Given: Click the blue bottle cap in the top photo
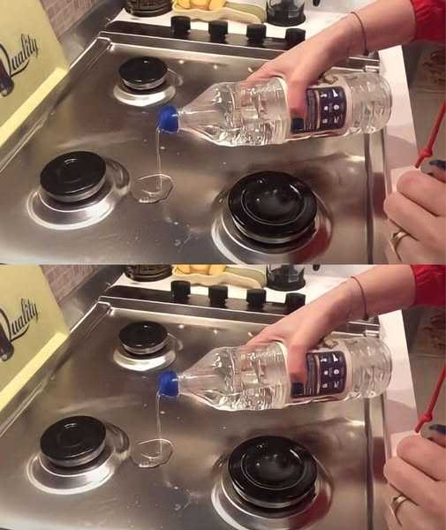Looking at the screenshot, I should click(168, 117).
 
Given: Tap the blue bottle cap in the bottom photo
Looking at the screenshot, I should click(168, 383).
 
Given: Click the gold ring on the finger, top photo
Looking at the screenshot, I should click(400, 238).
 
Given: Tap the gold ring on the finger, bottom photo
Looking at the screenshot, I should click(400, 503).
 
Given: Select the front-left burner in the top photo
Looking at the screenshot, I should click(72, 177).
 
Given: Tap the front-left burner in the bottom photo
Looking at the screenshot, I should click(72, 441).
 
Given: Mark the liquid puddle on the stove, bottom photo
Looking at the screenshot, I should click(152, 452).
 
